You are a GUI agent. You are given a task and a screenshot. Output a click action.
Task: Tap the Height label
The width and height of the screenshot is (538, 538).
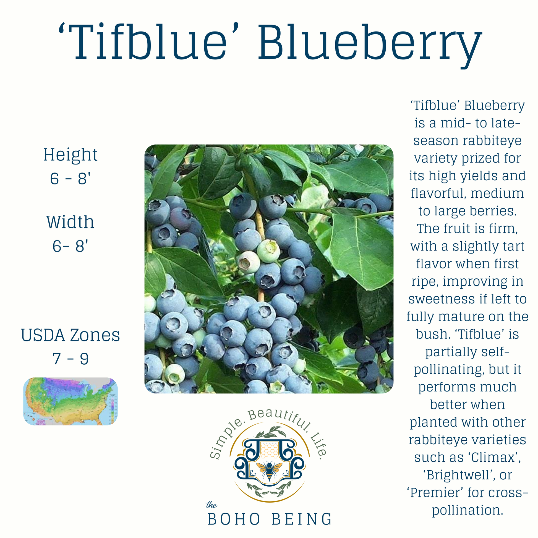[70, 155]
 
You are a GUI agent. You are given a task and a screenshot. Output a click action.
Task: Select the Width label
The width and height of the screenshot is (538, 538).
[70, 222]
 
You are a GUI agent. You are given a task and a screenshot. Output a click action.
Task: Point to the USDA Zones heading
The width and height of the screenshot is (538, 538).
[70, 335]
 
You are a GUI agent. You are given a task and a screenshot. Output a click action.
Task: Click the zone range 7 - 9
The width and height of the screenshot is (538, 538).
[70, 359]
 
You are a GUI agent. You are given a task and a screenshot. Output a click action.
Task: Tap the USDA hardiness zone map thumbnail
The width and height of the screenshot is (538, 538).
[70, 401]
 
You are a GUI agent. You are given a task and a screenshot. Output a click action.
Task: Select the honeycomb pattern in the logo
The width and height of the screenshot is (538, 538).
[269, 450]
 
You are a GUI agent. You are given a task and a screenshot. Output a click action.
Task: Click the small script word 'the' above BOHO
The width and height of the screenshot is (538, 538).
[211, 505]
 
